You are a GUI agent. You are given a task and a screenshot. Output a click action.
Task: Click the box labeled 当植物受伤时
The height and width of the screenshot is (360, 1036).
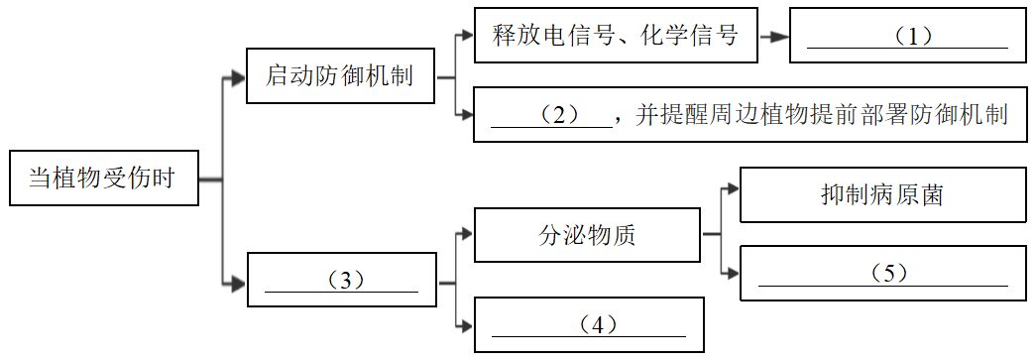pos(103,179)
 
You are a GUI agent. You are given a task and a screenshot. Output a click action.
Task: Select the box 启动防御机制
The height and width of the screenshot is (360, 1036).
pos(340,75)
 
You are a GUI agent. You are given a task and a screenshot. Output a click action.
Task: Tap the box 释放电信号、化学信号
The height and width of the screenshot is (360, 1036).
pos(616,37)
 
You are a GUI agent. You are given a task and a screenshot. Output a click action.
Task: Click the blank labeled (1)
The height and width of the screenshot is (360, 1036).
pos(907,37)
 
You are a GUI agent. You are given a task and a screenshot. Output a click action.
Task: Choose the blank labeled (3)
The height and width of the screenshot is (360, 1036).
pos(341,282)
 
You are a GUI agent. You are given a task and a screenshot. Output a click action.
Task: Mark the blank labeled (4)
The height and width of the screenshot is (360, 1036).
pos(589,324)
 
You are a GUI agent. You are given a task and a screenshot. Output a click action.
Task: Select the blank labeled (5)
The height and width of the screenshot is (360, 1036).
pos(882,273)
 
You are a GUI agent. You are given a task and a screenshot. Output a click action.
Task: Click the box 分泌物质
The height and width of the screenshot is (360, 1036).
pos(588,235)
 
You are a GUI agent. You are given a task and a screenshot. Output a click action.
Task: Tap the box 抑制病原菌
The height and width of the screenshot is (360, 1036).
pos(882,194)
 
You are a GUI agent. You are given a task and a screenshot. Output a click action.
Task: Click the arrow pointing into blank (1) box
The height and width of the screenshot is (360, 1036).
pos(778,37)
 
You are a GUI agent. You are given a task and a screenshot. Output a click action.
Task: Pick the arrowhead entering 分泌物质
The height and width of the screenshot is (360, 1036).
pos(466,235)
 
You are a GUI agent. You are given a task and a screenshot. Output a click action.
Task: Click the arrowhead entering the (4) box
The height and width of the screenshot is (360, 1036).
pos(466,324)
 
